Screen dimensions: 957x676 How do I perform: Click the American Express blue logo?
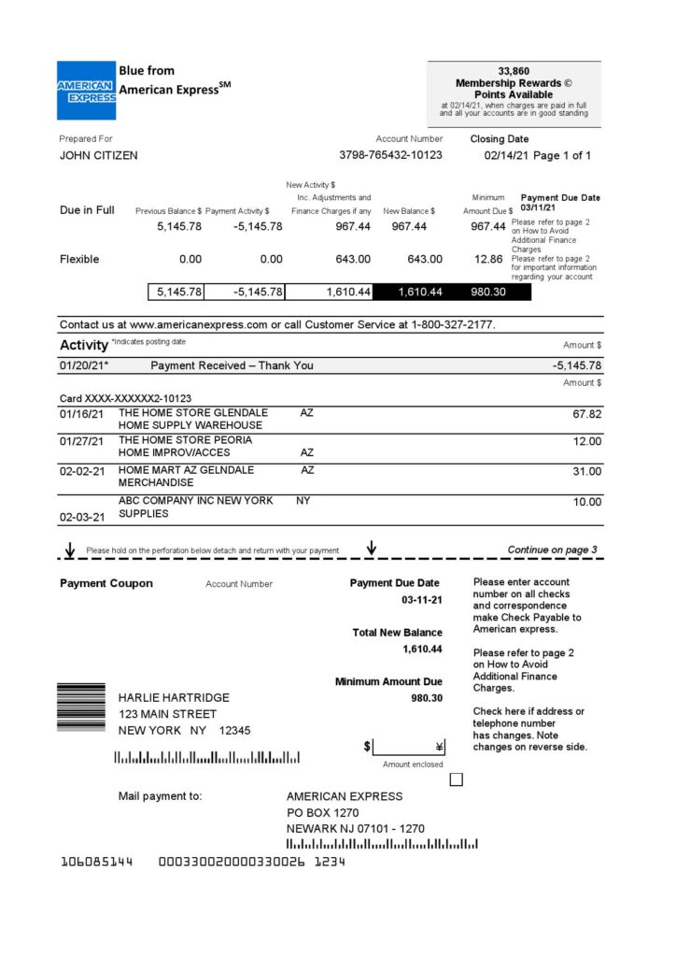[x=86, y=91]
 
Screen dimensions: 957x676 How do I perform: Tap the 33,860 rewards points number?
[x=514, y=71]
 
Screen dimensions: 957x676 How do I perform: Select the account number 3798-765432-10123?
[x=390, y=155]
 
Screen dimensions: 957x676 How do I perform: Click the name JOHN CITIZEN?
[x=98, y=156]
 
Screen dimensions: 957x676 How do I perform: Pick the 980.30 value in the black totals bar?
[x=487, y=293]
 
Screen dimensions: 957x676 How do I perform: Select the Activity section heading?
[x=83, y=345]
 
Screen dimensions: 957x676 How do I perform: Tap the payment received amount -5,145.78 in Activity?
[x=576, y=365]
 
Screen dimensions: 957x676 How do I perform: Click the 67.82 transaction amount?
[x=586, y=413]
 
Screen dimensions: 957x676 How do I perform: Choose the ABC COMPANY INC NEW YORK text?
[x=195, y=501]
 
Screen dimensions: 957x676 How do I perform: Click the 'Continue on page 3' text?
[x=552, y=550]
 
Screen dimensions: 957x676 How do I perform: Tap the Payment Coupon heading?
[x=106, y=584]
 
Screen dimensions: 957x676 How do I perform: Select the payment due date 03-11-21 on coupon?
[x=422, y=600]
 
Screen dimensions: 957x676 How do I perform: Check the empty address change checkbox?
[x=457, y=778]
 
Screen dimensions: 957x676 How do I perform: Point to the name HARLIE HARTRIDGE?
[x=173, y=697]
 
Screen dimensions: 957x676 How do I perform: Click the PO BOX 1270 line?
[x=322, y=813]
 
